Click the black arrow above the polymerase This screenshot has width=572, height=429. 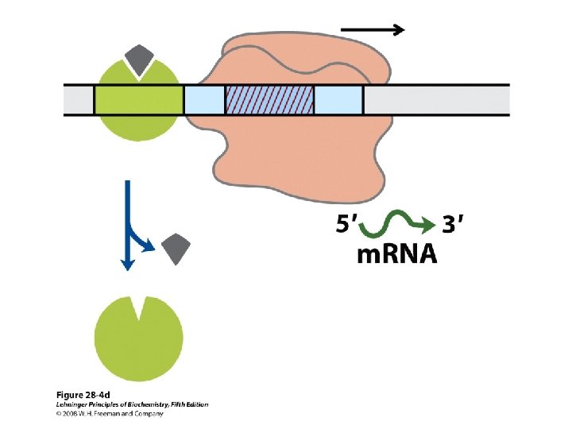(372, 30)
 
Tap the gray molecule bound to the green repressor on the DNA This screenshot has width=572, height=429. (140, 57)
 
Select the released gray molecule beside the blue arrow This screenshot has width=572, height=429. (175, 250)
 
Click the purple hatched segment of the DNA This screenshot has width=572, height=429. (269, 99)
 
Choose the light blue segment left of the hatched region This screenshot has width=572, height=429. (204, 99)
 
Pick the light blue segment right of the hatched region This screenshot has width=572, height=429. (338, 99)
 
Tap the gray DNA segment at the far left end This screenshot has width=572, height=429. (79, 99)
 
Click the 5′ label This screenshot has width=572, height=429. (345, 226)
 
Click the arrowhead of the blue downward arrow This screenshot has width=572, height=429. (125, 265)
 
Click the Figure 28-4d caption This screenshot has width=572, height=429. (83, 395)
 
